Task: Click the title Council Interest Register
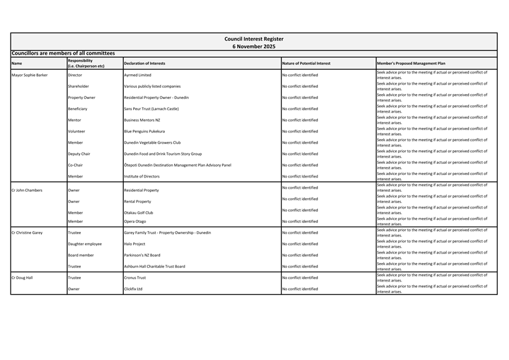(254, 39)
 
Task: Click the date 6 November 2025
(254, 46)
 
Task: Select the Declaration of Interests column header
(144, 63)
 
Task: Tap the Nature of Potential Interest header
(306, 63)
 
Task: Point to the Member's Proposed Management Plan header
(411, 63)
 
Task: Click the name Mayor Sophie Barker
(29, 75)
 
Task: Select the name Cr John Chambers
(27, 190)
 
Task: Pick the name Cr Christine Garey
(27, 232)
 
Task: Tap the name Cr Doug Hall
(22, 277)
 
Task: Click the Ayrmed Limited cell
(138, 75)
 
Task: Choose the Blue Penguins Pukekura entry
(144, 131)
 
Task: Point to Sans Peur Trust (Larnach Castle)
(151, 108)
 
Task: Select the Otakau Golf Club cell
(138, 212)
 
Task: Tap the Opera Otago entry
(135, 221)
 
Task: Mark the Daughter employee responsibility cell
(85, 244)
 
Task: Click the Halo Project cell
(134, 244)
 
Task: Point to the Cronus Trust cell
(135, 277)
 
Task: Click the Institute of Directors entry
(142, 176)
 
